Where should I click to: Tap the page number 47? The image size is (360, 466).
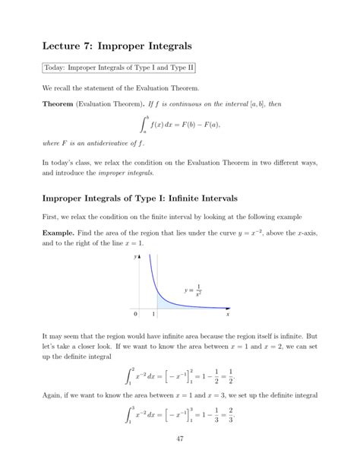click(179, 439)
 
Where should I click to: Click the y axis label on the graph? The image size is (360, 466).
click(134, 257)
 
